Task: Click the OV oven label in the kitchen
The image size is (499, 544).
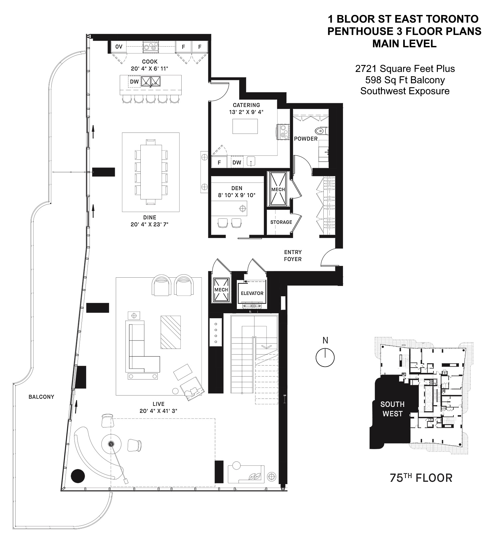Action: pyautogui.click(x=119, y=47)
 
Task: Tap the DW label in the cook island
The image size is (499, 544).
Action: pyautogui.click(x=134, y=82)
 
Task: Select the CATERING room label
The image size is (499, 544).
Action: pyautogui.click(x=246, y=105)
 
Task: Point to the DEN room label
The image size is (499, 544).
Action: pyautogui.click(x=237, y=188)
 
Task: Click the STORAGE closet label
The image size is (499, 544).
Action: pyautogui.click(x=281, y=222)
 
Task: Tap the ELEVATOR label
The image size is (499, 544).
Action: pyautogui.click(x=252, y=293)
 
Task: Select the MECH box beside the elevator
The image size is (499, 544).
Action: pyautogui.click(x=221, y=290)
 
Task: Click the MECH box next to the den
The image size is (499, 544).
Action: pyautogui.click(x=278, y=189)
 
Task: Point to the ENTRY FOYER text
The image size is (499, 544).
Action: pyautogui.click(x=293, y=256)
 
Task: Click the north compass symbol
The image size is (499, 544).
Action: pyautogui.click(x=325, y=357)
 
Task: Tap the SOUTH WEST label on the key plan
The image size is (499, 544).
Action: pyautogui.click(x=392, y=409)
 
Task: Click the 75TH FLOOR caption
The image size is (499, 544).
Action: pyautogui.click(x=421, y=478)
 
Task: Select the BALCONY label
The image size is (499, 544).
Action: pyautogui.click(x=41, y=397)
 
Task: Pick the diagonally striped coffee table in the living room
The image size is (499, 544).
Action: pyautogui.click(x=171, y=332)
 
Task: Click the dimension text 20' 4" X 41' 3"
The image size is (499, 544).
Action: pyautogui.click(x=158, y=411)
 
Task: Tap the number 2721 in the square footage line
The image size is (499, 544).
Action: pyautogui.click(x=366, y=69)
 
